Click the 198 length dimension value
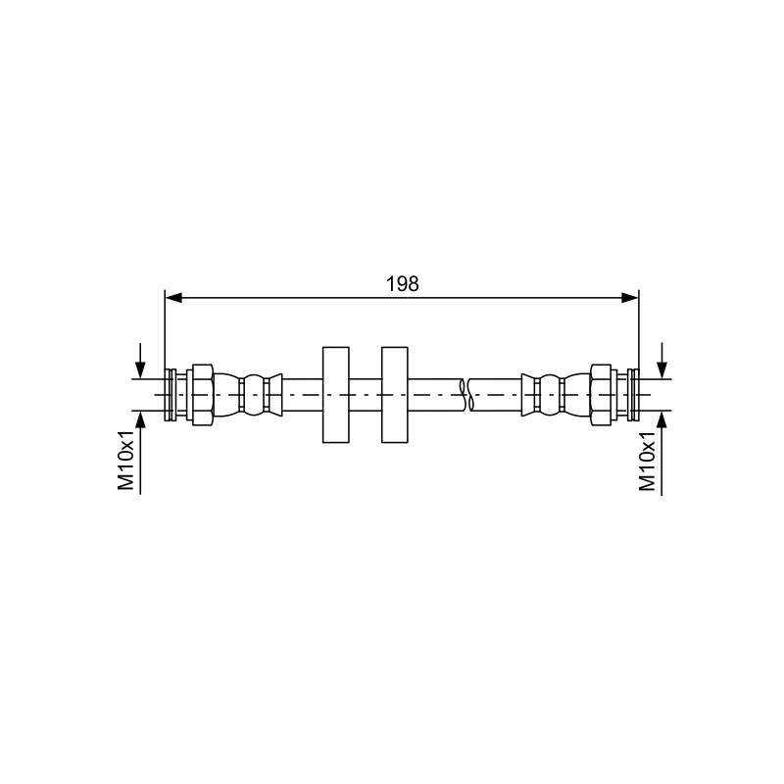(402, 284)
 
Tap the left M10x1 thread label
(126, 459)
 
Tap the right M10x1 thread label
(647, 460)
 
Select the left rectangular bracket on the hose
(335, 395)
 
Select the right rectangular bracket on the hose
(395, 395)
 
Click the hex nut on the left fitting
(203, 395)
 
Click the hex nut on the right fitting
(601, 395)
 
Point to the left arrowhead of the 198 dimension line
(173, 298)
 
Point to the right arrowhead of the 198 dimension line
(630, 298)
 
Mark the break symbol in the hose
(466, 395)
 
